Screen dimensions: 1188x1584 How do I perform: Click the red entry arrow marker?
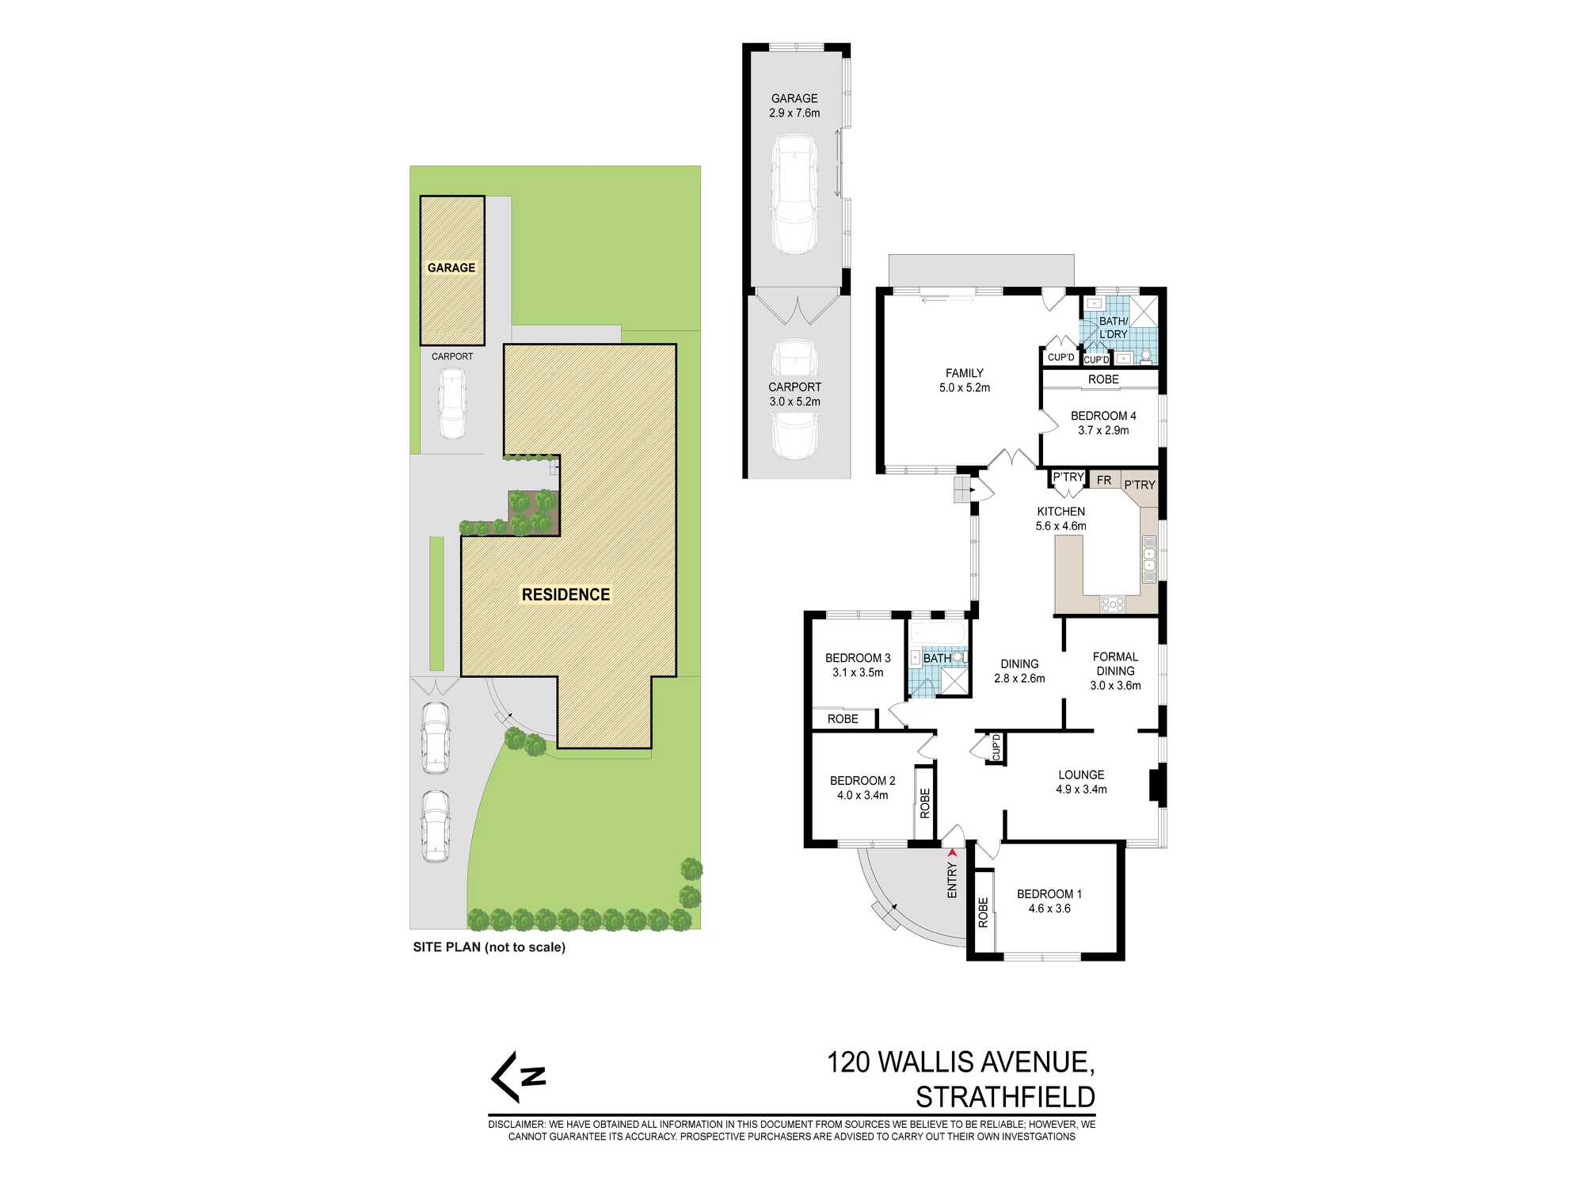point(953,853)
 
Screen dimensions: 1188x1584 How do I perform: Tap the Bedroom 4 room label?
point(1103,416)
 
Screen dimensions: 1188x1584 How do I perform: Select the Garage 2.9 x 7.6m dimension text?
point(794,113)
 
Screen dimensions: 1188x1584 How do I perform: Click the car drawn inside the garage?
point(794,193)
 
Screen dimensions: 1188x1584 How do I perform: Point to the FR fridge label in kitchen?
point(1104,481)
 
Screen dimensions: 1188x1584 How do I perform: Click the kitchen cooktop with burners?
point(1113,604)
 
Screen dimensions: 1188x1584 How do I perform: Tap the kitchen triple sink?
point(1149,559)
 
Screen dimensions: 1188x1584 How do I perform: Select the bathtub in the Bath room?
point(939,633)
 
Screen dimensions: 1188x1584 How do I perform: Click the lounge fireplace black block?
point(1155,785)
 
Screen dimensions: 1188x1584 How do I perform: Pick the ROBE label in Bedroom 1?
point(984,912)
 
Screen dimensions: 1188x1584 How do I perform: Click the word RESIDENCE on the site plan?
point(565,595)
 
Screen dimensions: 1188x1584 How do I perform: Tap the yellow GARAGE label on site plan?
point(451,268)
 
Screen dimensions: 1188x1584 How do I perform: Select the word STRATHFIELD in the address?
point(1005,1098)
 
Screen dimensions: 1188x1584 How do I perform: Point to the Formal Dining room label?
point(1115,664)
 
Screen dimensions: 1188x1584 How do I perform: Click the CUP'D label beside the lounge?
point(996,747)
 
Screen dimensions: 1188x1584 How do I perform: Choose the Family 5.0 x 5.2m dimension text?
point(964,388)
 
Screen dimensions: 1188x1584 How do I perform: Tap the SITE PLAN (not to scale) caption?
point(489,947)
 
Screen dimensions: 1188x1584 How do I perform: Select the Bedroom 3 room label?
point(858,658)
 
